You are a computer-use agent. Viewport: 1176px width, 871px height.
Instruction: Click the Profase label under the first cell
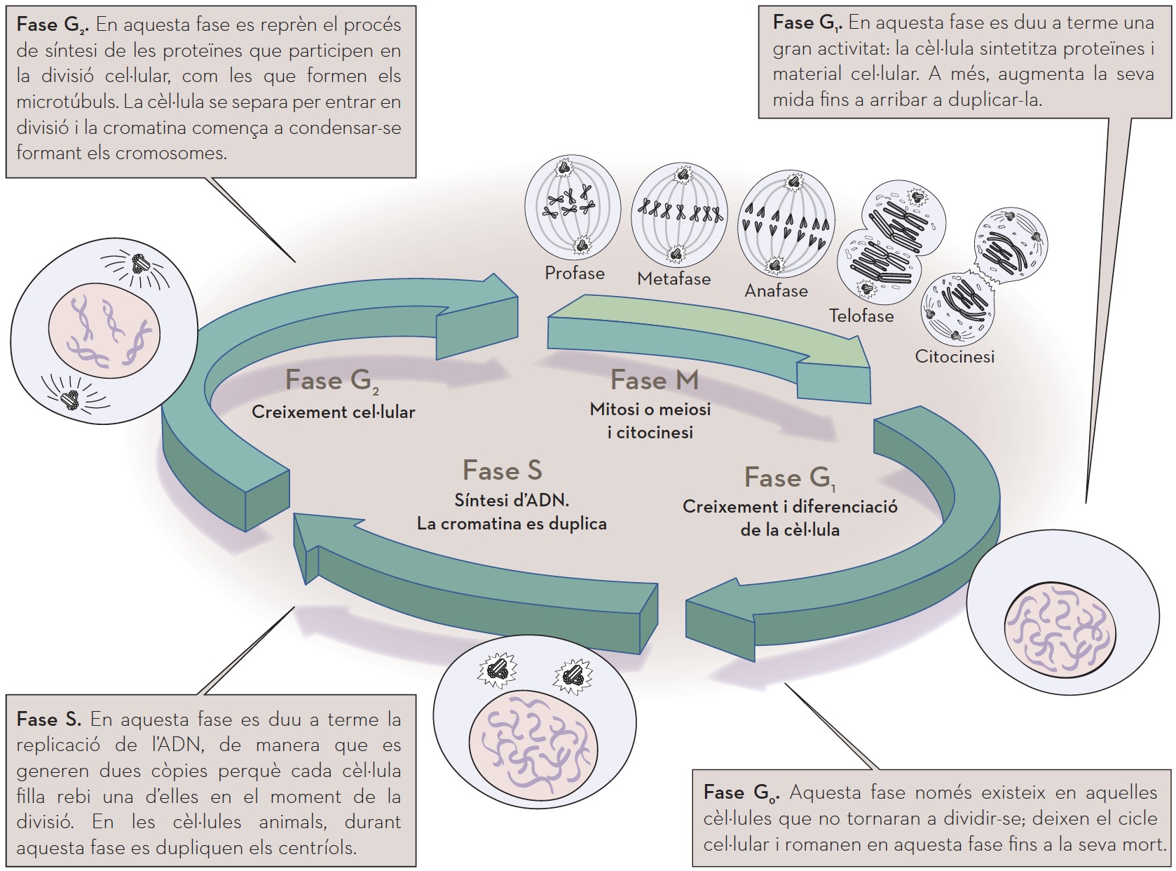click(574, 273)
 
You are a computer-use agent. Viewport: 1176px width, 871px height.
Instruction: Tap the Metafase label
click(674, 279)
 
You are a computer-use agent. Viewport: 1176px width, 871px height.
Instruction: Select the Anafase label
click(776, 291)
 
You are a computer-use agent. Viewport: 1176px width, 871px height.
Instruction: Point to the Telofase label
click(861, 316)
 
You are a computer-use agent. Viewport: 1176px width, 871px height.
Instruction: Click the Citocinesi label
click(955, 356)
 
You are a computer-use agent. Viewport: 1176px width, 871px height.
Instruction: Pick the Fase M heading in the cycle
click(655, 380)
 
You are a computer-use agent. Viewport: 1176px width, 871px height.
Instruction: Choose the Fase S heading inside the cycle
click(502, 471)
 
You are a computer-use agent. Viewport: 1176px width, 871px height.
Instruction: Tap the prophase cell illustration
click(573, 208)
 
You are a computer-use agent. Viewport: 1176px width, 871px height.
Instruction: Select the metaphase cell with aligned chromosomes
click(678, 215)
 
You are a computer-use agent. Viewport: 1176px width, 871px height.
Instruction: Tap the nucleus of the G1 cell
click(1059, 625)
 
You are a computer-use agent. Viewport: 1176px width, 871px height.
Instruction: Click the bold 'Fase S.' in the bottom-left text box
click(48, 720)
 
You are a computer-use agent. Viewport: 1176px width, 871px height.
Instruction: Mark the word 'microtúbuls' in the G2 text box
click(67, 102)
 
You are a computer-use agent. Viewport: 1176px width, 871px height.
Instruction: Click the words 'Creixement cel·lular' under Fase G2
click(333, 412)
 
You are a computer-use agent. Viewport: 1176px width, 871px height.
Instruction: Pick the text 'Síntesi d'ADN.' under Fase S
click(512, 500)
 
